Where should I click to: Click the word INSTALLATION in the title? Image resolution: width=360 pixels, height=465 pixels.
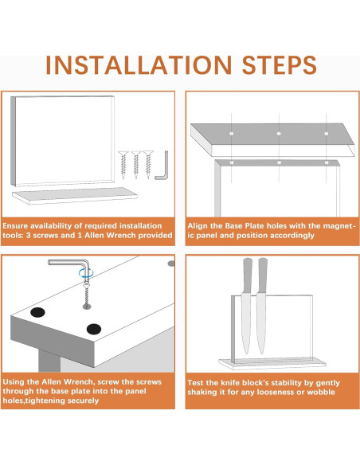click(139, 65)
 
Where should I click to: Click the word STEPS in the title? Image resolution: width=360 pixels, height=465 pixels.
click(280, 65)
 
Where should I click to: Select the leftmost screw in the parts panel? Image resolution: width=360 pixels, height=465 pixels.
click(123, 165)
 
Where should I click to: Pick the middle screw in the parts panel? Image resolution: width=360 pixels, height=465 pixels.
click(136, 165)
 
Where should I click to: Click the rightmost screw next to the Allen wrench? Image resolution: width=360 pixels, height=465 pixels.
click(148, 165)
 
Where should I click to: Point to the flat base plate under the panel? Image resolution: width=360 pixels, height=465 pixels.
click(74, 195)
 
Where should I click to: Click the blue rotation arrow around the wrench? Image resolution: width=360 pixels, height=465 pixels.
click(86, 273)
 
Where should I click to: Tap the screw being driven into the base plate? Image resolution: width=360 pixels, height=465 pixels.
click(86, 295)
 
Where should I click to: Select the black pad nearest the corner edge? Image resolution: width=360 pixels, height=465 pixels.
click(94, 329)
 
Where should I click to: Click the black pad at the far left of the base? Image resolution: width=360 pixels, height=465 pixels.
click(37, 312)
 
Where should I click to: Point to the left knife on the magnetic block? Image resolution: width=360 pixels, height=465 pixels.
click(246, 306)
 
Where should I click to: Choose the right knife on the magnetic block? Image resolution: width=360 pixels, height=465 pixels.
click(261, 306)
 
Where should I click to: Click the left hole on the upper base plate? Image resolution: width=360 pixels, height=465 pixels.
click(231, 134)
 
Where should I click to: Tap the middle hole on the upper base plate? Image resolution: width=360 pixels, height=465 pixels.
click(279, 134)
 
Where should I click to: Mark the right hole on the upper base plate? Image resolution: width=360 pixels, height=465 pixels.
click(327, 134)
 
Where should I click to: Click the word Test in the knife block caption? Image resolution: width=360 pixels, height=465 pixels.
click(195, 382)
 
